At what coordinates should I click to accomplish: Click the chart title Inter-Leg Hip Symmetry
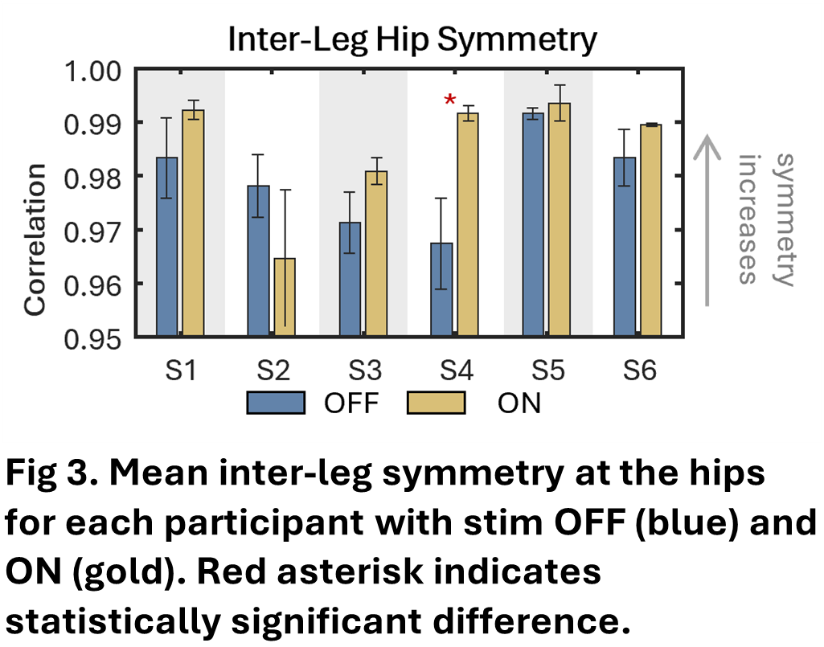coord(412,39)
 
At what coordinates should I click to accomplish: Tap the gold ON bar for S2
coord(284,297)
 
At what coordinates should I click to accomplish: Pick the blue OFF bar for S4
coord(442,289)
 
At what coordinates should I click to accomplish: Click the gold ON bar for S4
coord(468,224)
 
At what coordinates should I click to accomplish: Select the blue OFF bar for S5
coord(534,224)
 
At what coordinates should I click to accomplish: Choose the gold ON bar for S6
coord(650,230)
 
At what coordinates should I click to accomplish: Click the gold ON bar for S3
coord(375,253)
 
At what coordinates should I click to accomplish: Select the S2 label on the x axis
coord(272,371)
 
